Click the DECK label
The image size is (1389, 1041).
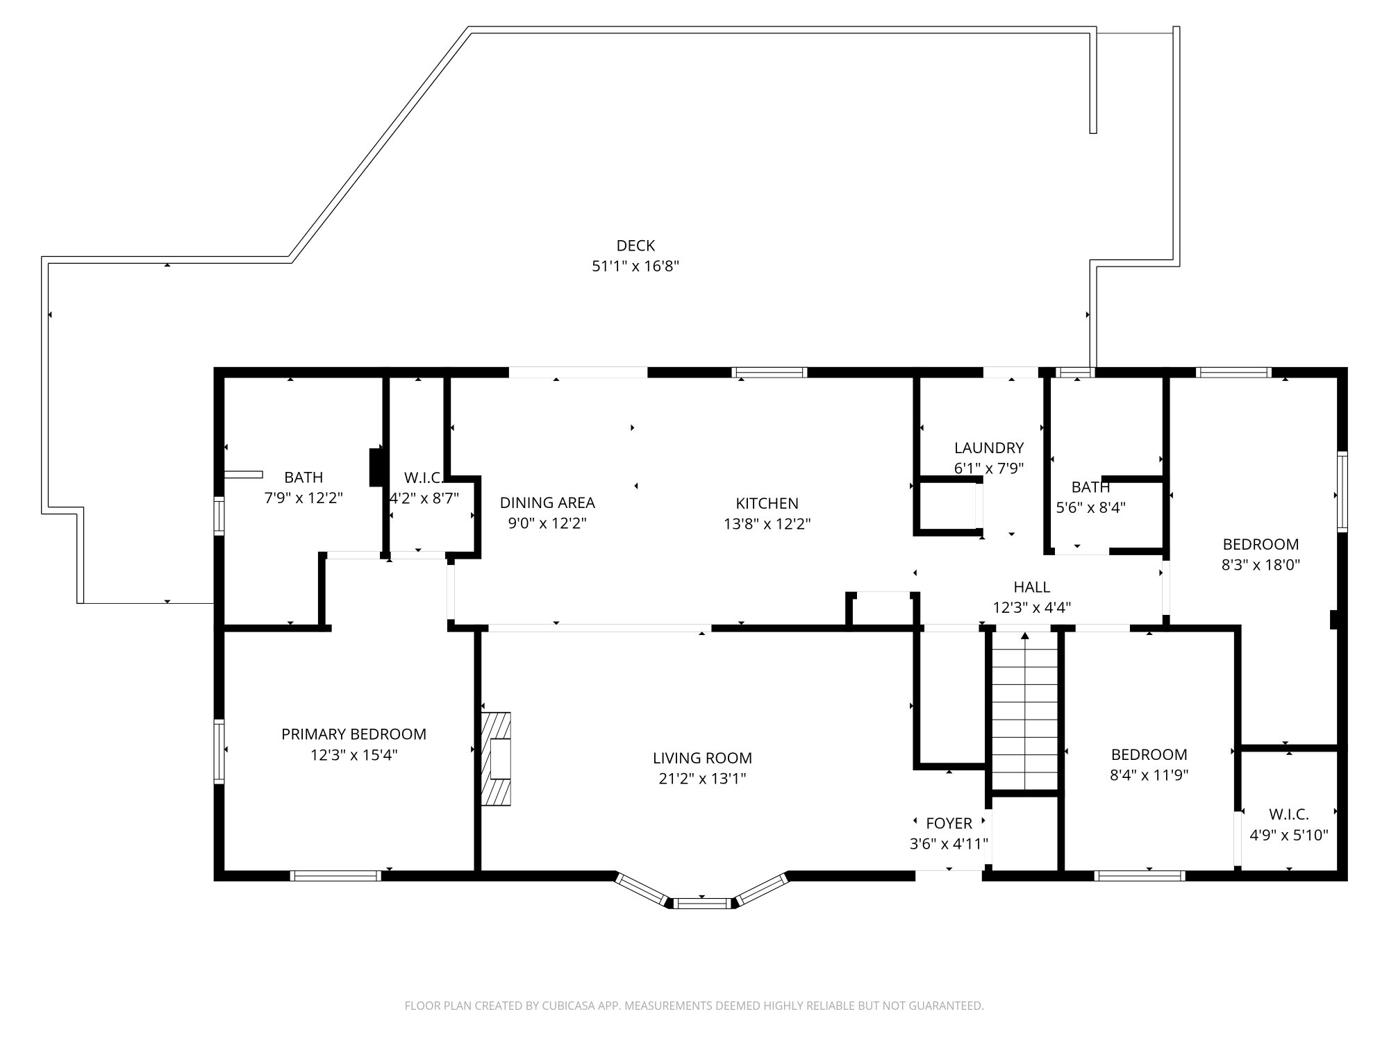[x=635, y=246]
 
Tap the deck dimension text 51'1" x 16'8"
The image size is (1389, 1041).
[x=635, y=266]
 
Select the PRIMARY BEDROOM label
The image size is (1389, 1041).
[x=354, y=734]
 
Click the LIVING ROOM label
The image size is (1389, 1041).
[x=702, y=759]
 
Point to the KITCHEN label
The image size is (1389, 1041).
[x=767, y=503]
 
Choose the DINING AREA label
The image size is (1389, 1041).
[x=547, y=502]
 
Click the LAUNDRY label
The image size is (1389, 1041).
[x=989, y=448]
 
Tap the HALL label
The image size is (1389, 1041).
[x=1032, y=587]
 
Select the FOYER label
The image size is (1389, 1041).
[x=949, y=823]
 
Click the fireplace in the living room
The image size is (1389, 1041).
[x=496, y=759]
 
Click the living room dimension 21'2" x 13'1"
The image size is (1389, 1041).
[x=702, y=779]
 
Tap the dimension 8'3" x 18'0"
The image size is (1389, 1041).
[x=1261, y=565]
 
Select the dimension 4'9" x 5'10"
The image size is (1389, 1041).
[x=1289, y=835]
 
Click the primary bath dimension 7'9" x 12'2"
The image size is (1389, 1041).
[x=303, y=498]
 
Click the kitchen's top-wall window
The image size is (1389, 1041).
[x=770, y=372]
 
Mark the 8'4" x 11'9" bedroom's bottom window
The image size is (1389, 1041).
[x=1140, y=876]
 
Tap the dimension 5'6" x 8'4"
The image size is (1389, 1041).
[x=1090, y=507]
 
